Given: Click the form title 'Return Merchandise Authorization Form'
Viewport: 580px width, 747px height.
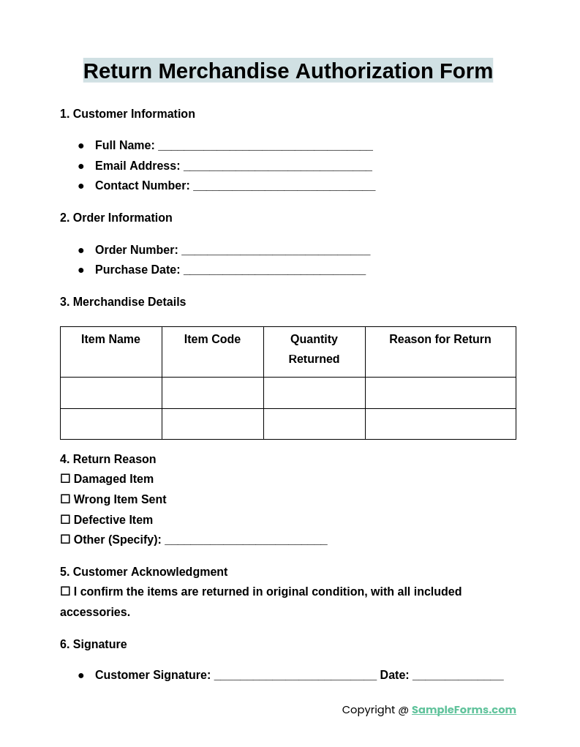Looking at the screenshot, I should (288, 71).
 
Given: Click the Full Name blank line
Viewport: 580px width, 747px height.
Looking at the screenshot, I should (265, 146).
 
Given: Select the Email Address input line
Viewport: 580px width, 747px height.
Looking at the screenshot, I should (278, 167).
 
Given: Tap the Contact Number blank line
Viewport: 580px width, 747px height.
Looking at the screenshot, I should (284, 187).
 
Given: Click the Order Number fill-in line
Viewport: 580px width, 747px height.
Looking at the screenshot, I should (276, 251).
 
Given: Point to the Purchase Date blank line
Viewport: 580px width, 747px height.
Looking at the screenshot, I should (274, 271).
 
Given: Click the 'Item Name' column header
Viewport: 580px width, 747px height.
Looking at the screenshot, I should (110, 339).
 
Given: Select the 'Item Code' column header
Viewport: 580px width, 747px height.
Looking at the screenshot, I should (212, 339).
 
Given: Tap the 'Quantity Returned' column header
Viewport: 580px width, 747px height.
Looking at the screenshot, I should (314, 349).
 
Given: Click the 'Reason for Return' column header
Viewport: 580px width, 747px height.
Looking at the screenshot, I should (440, 339).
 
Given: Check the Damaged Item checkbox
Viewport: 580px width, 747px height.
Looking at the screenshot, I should (65, 478).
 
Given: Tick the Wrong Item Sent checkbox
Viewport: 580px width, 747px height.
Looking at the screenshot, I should (65, 499).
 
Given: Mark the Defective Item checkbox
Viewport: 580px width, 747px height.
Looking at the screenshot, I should (65, 519).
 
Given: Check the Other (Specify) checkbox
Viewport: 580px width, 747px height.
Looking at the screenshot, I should (65, 539).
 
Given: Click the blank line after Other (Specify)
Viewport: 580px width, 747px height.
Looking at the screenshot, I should (246, 541).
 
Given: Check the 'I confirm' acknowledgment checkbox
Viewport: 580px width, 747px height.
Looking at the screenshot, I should (65, 591).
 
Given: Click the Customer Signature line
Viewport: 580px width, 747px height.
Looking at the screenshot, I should (295, 676).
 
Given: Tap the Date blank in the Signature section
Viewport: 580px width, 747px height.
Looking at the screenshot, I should (458, 676).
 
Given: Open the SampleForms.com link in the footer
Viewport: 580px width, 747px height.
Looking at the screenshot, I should (464, 710).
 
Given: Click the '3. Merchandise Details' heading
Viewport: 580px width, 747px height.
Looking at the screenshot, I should (123, 302).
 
